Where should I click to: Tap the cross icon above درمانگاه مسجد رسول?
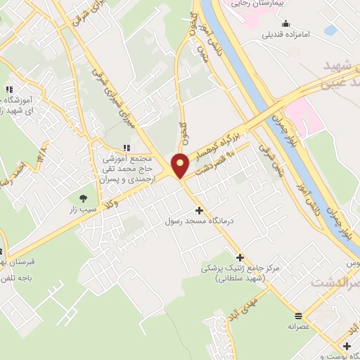[199, 210]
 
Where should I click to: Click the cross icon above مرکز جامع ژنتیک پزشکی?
[240, 257]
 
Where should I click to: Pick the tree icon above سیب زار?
[84, 198]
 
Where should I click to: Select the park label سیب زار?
[84, 210]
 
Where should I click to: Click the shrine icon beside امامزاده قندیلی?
[256, 33]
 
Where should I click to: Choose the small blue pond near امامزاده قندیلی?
[330, 30]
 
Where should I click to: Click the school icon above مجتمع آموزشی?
[126, 148]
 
